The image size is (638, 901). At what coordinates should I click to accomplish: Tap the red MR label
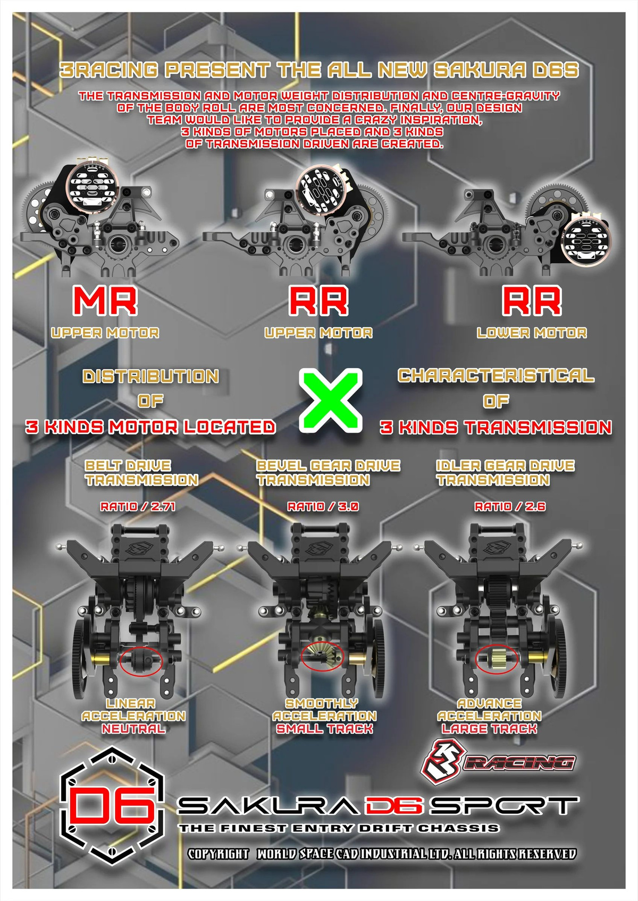click(x=105, y=301)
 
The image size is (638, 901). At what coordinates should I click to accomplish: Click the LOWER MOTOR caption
click(x=531, y=333)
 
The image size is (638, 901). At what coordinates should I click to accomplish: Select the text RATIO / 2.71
click(x=138, y=506)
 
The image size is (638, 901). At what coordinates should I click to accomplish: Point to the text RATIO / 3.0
click(x=323, y=506)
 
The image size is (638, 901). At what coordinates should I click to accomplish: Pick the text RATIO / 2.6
click(x=509, y=506)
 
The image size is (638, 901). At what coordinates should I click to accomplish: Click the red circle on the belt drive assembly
click(x=141, y=662)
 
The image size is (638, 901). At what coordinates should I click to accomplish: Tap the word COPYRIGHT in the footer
click(x=218, y=854)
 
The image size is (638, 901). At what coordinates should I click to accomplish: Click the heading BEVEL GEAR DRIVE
click(x=328, y=466)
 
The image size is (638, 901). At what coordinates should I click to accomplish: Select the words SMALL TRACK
click(x=324, y=729)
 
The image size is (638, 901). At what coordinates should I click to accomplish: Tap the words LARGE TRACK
click(x=489, y=729)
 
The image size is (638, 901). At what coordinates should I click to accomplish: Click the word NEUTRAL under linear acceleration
click(x=133, y=729)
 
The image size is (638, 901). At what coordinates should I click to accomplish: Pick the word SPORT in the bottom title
click(x=504, y=806)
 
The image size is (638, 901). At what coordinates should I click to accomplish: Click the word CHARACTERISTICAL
click(x=496, y=376)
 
